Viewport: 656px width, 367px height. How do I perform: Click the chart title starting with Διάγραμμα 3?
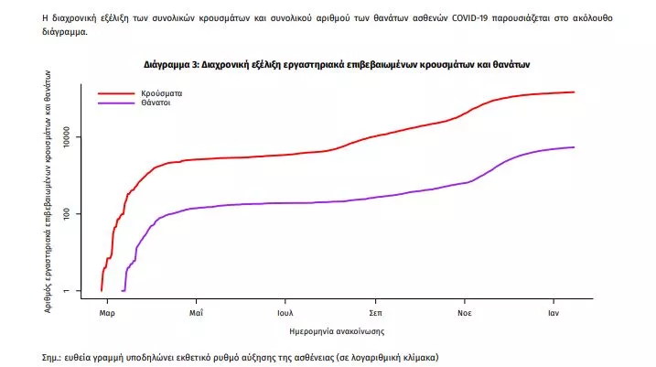click(x=337, y=65)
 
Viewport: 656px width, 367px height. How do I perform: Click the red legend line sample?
click(x=116, y=93)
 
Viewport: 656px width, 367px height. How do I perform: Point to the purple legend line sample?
click(x=116, y=103)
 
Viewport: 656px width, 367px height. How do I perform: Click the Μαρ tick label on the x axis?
click(x=107, y=313)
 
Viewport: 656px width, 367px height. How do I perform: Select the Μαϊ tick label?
click(x=196, y=313)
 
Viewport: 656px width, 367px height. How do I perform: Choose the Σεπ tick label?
click(x=375, y=313)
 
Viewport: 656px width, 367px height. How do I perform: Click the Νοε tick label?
click(x=464, y=313)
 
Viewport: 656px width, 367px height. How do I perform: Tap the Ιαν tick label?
click(x=553, y=313)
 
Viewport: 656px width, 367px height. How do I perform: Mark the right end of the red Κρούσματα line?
click(x=574, y=92)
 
